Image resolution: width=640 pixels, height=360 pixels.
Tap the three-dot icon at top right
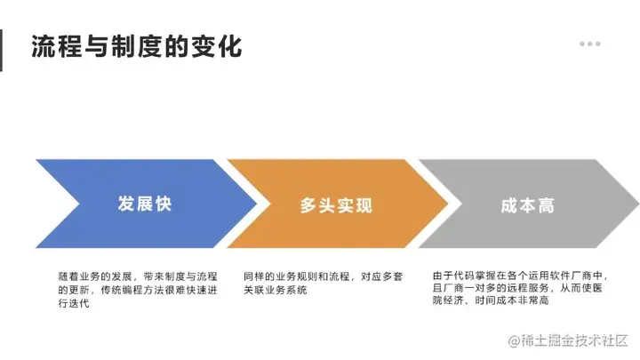coord(589,43)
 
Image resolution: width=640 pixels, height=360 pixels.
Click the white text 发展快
coord(145,204)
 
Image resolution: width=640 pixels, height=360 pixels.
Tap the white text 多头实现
coord(336,205)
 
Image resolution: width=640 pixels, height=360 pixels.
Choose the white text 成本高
coord(527,205)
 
